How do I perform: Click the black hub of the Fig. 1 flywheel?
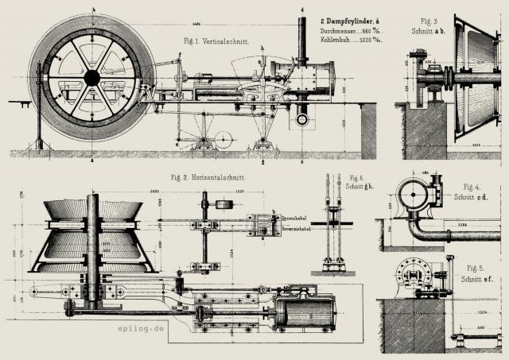coord(92,77)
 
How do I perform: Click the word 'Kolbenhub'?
coord(336,40)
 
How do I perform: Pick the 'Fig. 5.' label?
coord(476,268)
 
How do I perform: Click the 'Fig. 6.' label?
coord(355,177)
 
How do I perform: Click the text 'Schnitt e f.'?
coord(480,280)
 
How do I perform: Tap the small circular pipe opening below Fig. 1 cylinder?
coord(301,119)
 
